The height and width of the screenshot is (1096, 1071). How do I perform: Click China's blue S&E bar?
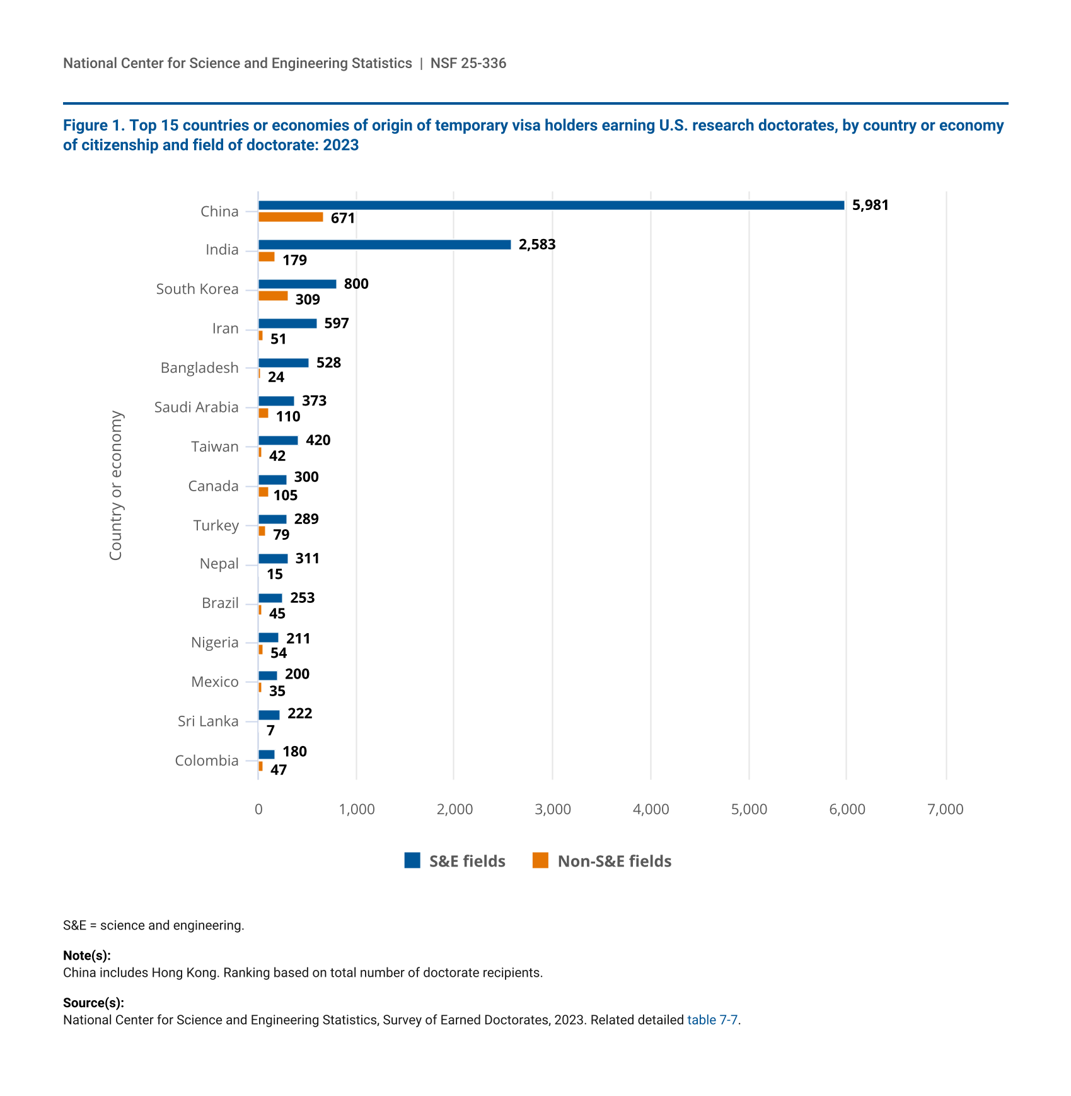coord(551,205)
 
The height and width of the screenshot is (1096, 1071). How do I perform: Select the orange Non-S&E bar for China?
coord(291,217)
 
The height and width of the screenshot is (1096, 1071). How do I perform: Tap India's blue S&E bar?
coord(385,245)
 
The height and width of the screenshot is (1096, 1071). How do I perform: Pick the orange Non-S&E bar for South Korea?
coord(273,296)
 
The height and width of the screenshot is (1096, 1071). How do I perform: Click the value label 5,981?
coord(870,205)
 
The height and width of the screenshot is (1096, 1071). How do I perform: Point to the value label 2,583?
coord(537,245)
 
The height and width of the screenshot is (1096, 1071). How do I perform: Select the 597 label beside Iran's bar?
coord(337,324)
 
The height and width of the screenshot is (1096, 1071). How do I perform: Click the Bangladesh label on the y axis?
coord(199,368)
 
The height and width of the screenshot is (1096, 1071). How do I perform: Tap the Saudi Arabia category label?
coord(196,407)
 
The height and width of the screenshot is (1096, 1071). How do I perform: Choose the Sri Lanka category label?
coord(208,721)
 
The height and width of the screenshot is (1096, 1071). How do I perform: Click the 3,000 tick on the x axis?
coord(553,810)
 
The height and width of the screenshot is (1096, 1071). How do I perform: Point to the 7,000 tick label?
coord(945,810)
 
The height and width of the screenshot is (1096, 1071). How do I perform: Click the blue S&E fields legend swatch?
coord(412,860)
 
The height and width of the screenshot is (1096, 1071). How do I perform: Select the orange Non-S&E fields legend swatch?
coord(540,860)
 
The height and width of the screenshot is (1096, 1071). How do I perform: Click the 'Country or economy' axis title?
coord(116,485)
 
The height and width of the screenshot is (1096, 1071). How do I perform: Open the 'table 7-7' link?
coord(712,1020)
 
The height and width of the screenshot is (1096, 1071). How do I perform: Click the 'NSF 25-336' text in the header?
coord(468,63)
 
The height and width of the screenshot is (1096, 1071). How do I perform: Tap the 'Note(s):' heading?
coord(87,955)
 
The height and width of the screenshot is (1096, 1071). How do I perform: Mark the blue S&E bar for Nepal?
coord(273,559)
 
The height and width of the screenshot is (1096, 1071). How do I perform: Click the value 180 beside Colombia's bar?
coord(294,752)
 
